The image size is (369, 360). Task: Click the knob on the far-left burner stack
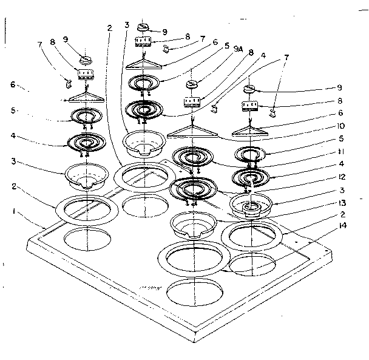[x=84, y=59]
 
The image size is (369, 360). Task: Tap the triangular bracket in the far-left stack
[x=84, y=97]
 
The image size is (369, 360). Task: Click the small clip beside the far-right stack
[x=273, y=111]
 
